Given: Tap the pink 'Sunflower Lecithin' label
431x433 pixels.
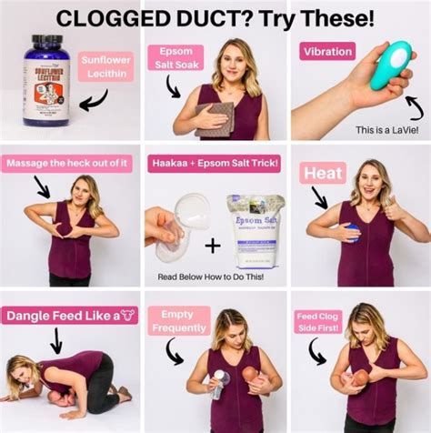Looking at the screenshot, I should point(107,67).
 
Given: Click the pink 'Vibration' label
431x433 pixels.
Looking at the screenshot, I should point(327,51).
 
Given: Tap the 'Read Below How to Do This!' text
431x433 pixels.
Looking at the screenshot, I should point(215,274).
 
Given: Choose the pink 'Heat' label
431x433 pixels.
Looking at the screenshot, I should point(324,171).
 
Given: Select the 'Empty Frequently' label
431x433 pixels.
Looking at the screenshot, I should point(178,321).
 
